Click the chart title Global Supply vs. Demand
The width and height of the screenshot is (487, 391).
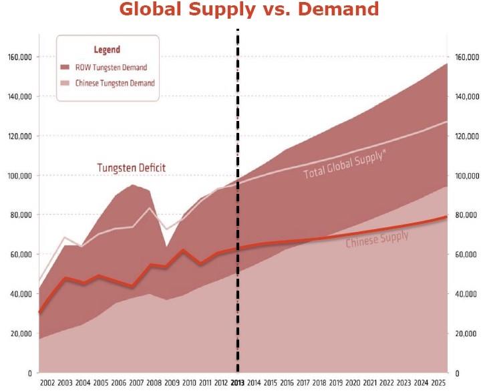pos(249,10)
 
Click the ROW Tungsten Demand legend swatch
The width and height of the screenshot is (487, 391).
pos(65,68)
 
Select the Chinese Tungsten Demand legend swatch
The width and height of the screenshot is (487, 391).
pos(65,84)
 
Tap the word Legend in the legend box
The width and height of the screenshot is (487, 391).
pos(106,49)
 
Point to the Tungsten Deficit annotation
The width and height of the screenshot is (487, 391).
pos(132,167)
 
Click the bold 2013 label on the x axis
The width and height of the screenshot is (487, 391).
pos(238,382)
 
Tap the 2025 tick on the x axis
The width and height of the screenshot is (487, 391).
pos(438,382)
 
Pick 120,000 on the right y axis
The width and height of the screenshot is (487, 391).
pos(466,136)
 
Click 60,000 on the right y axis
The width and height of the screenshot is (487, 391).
pos(468,255)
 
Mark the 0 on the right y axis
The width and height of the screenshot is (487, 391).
pos(456,373)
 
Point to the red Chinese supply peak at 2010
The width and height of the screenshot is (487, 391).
pos(183,250)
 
